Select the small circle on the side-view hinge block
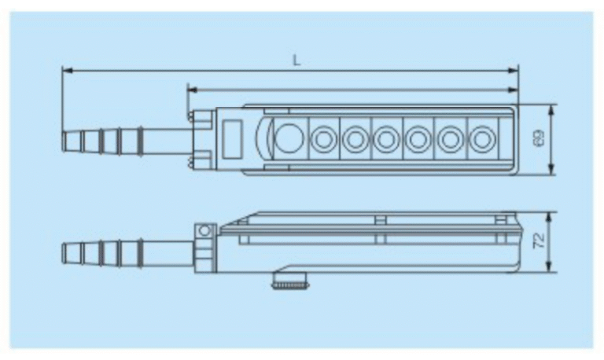tap(205, 231)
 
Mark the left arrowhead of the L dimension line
tap(64, 71)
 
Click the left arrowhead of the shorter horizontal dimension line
tap(190, 90)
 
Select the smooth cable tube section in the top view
tap(168, 141)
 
